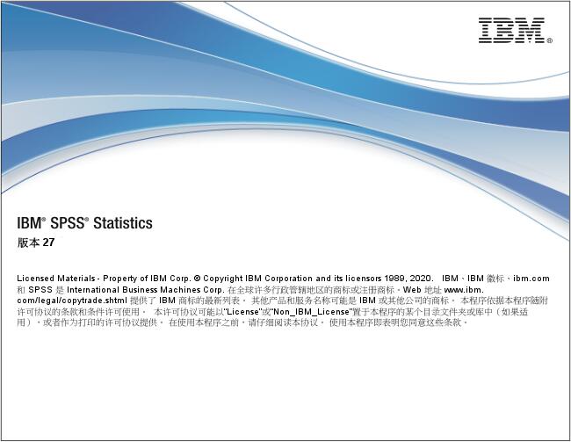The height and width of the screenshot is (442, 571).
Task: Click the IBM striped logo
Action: point(511,31)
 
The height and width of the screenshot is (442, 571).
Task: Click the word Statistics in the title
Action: point(123,223)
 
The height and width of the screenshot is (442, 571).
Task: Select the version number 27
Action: point(50,243)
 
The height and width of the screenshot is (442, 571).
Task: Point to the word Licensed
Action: point(35,278)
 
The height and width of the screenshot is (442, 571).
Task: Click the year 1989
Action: point(406,278)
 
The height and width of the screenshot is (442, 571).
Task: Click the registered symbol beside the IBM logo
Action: point(550,40)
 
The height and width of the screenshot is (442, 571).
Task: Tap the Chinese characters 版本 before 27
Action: point(28,243)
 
